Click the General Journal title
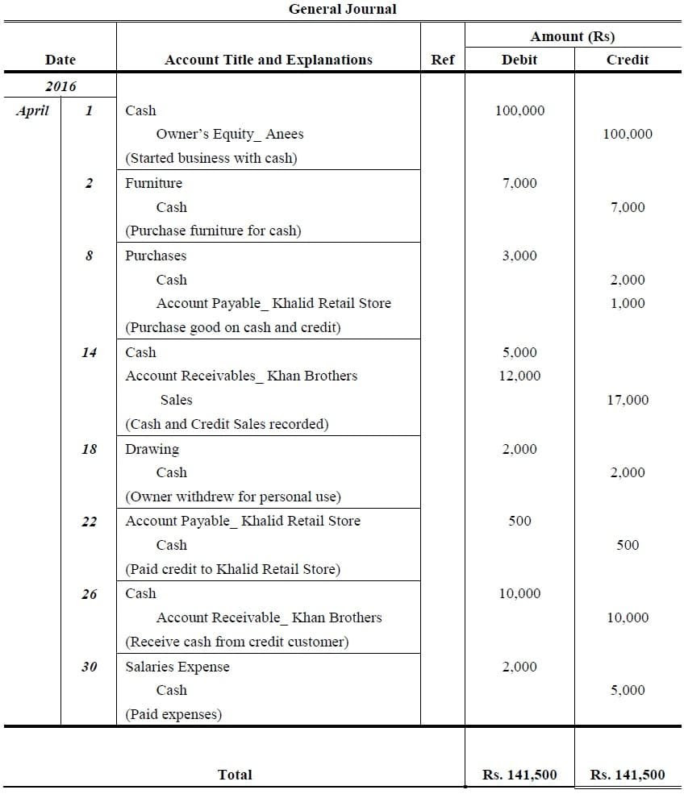coord(343,10)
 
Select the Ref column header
coord(443,60)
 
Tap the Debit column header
coord(519,60)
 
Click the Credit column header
coord(628,60)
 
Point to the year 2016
coord(60,86)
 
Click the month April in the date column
coord(32,110)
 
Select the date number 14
coord(89,352)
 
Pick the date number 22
coord(89,522)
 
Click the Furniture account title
coord(153,183)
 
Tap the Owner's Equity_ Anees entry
coord(230,135)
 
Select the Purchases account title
coord(156,256)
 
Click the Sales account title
coord(176,400)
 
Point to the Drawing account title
coord(152,449)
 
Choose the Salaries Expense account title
coord(177,667)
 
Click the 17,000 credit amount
coord(628,400)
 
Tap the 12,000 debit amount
coord(519,376)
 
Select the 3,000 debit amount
coord(519,256)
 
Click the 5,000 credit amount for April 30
coord(628,690)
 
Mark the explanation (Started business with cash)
coord(211,158)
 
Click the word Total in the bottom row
coord(235,775)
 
